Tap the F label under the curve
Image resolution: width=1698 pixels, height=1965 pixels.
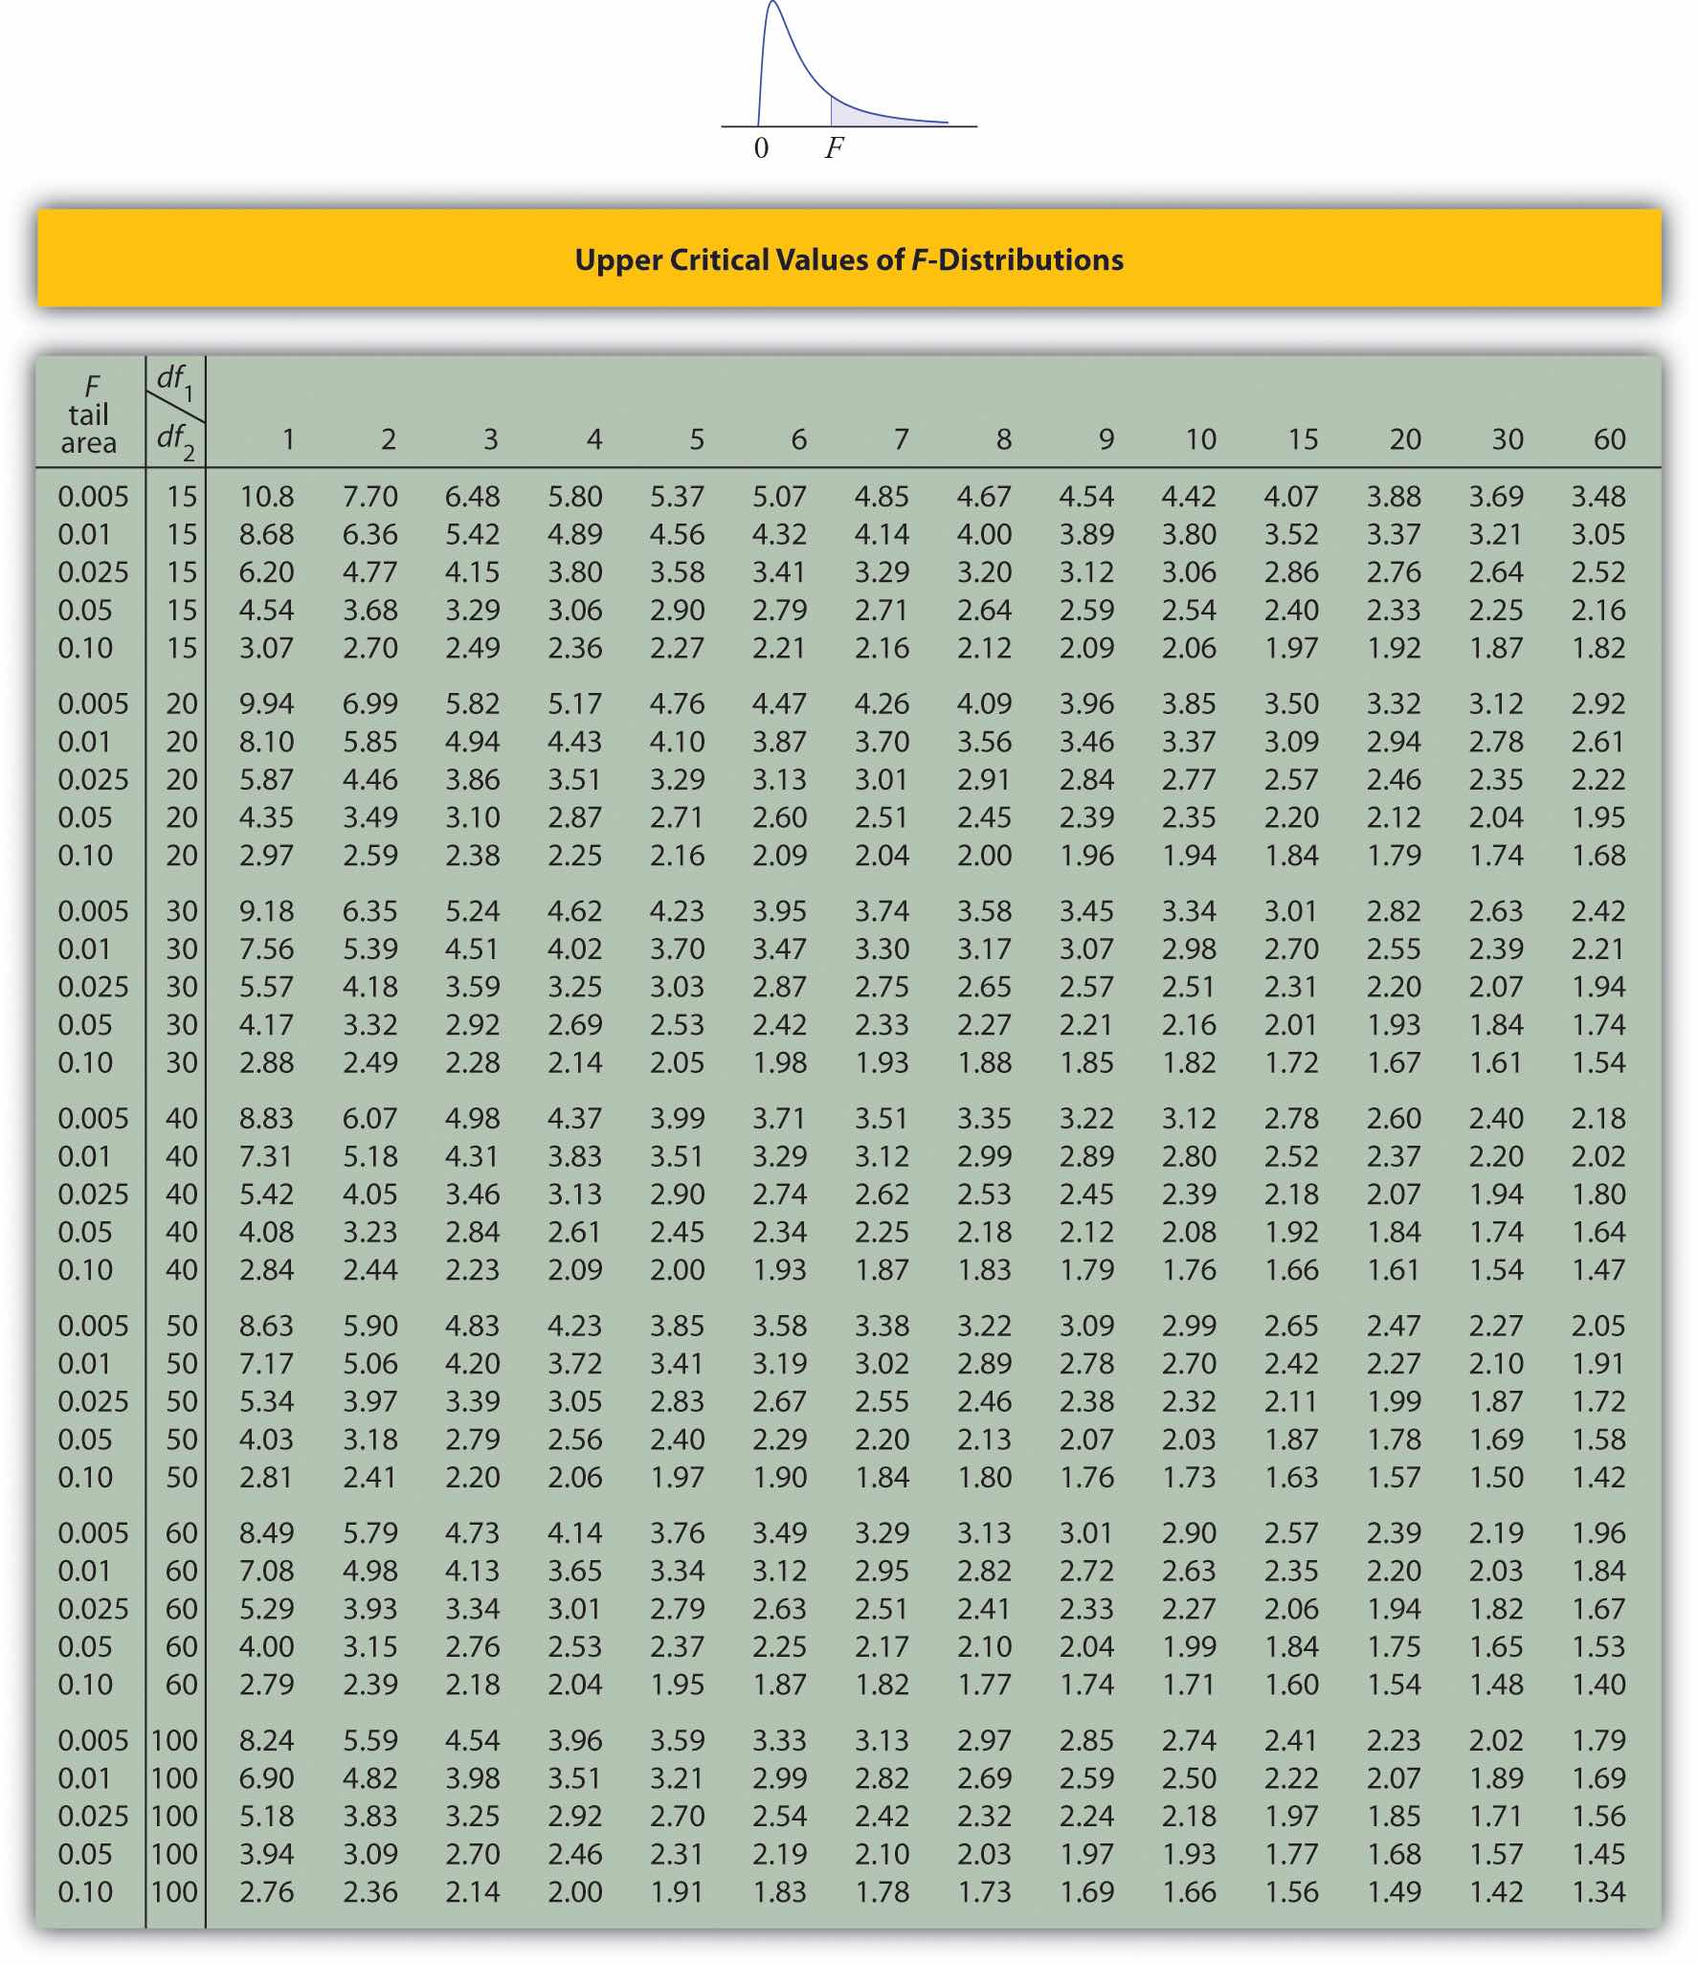835,148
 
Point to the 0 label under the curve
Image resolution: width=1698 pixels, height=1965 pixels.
761,148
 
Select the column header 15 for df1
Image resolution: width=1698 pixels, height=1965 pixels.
1303,439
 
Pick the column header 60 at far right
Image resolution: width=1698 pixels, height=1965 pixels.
1609,439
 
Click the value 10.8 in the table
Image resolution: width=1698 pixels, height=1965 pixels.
267,497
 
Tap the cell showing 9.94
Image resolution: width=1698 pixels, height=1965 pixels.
267,704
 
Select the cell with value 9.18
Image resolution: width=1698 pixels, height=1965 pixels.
267,911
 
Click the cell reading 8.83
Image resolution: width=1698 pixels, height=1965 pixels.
267,1119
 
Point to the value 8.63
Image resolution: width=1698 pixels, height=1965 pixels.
267,1326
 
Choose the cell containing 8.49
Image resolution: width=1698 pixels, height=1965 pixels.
267,1533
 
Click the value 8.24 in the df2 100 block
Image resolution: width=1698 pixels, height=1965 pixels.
267,1740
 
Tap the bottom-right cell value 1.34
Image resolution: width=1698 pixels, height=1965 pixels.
1598,1892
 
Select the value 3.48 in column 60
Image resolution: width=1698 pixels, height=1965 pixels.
1598,497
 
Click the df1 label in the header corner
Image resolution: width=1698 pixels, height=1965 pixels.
174,381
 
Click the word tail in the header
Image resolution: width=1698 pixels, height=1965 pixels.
88,415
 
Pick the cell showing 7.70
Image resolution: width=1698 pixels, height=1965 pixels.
370,497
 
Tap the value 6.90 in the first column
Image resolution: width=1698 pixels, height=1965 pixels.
267,1778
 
